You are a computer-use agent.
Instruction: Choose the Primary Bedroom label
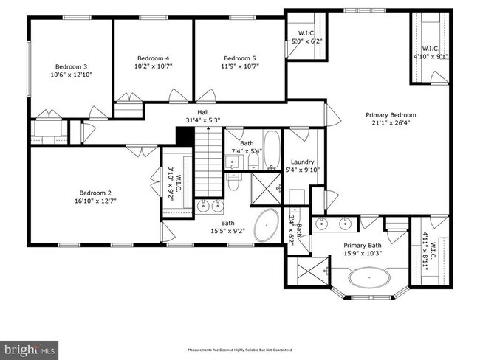coord(391,114)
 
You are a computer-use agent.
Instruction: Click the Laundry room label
coord(303,162)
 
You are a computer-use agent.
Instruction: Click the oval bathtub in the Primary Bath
coord(371,278)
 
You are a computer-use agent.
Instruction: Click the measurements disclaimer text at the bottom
coord(240,349)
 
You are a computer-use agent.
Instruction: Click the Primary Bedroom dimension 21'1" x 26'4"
coord(391,123)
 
